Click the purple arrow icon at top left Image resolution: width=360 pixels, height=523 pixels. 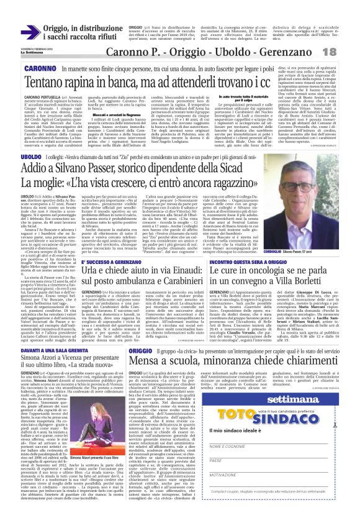(30, 32)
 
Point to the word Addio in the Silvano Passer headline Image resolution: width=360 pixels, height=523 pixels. (38, 168)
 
